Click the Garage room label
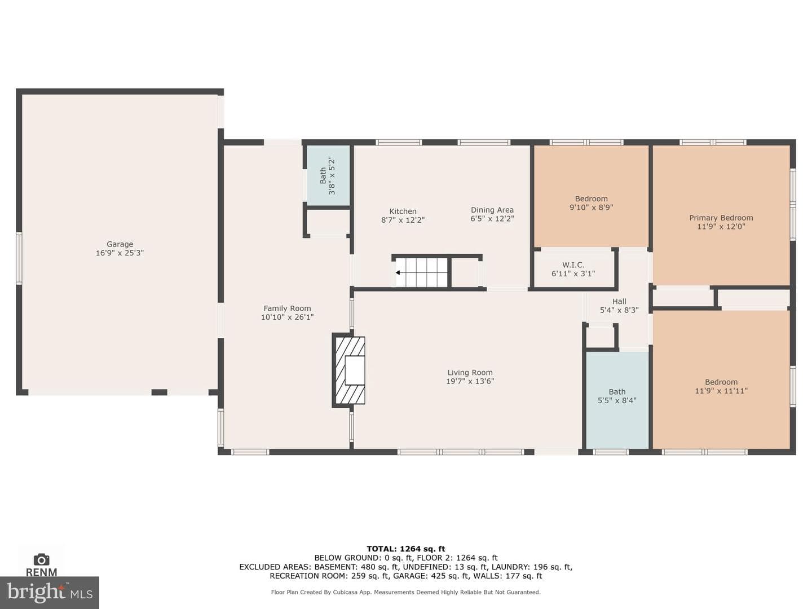coord(120,244)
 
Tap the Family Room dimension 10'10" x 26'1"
coord(287,317)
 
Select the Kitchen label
coord(403,211)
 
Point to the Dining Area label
coord(492,210)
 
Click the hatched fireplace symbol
coord(348,370)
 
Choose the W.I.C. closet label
coord(573,265)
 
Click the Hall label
coord(619,301)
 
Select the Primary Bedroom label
coord(721,218)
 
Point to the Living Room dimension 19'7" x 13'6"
coord(470,381)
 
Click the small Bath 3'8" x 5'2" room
coord(329,175)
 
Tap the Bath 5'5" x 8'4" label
coord(617,396)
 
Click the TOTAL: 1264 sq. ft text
coord(406,549)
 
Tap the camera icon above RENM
coord(41,559)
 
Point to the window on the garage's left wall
coord(19,258)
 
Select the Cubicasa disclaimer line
coord(406,592)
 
